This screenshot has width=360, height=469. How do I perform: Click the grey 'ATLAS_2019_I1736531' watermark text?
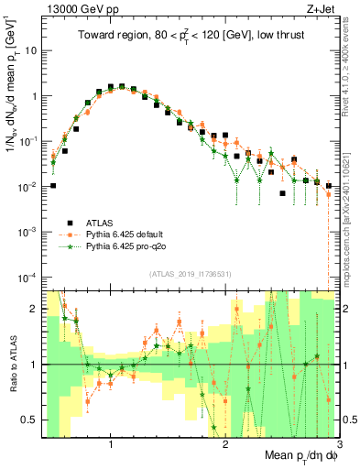point(191,274)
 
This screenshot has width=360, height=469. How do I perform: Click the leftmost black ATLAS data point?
point(53,186)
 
